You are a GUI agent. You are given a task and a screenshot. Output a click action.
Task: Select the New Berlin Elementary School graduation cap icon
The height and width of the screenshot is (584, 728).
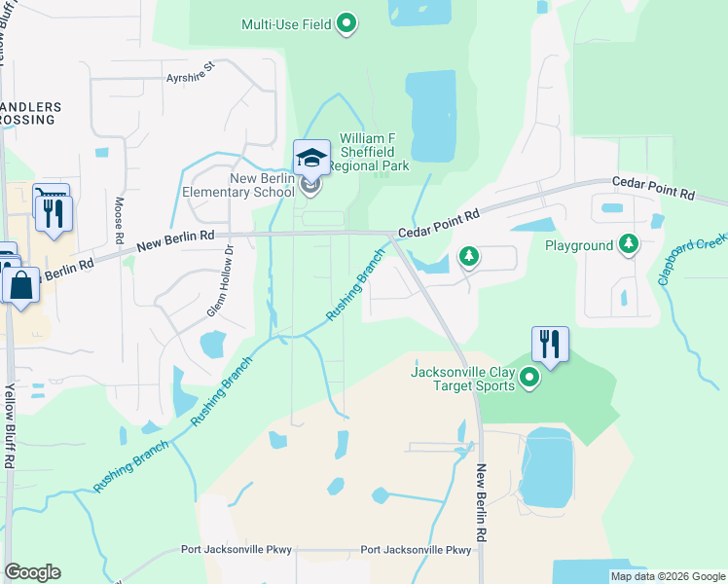311,158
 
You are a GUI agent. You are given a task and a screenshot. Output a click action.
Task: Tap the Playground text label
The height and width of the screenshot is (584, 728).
579,245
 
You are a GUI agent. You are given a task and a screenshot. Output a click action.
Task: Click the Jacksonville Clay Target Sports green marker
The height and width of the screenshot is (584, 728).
529,376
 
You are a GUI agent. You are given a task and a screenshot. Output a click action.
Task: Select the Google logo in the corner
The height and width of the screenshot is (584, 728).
32,572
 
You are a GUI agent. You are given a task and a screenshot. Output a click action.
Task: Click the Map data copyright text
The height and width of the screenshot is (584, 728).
668,576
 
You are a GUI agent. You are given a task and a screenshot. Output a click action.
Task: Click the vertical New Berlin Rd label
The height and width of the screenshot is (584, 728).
481,502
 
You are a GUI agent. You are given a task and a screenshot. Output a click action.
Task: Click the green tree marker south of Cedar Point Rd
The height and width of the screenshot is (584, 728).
469,257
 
